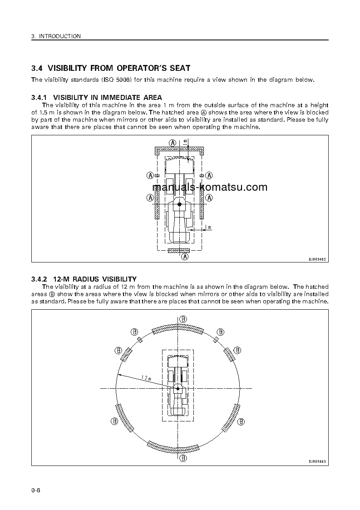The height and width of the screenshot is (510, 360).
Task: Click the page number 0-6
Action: click(x=36, y=490)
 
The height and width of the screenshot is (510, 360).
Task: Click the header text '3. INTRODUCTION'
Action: click(x=56, y=36)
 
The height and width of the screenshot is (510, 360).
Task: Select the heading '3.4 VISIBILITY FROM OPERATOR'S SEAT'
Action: click(x=111, y=68)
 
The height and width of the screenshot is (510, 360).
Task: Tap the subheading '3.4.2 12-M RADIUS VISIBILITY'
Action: click(x=84, y=279)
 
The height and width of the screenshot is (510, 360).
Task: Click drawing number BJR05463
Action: click(x=317, y=461)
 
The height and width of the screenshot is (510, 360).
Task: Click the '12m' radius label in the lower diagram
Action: click(x=146, y=378)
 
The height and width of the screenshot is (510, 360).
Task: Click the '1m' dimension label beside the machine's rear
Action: click(x=208, y=227)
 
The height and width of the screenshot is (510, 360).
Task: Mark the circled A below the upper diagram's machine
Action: click(x=185, y=257)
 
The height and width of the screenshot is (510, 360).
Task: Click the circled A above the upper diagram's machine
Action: click(x=173, y=142)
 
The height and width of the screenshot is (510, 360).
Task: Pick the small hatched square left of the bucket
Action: click(x=157, y=175)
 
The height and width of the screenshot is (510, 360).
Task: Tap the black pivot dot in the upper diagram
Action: click(x=179, y=205)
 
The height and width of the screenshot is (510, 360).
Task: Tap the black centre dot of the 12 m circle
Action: click(x=178, y=389)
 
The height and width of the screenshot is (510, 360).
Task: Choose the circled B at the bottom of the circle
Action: click(x=183, y=458)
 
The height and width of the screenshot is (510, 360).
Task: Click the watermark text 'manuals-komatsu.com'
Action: click(x=210, y=187)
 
